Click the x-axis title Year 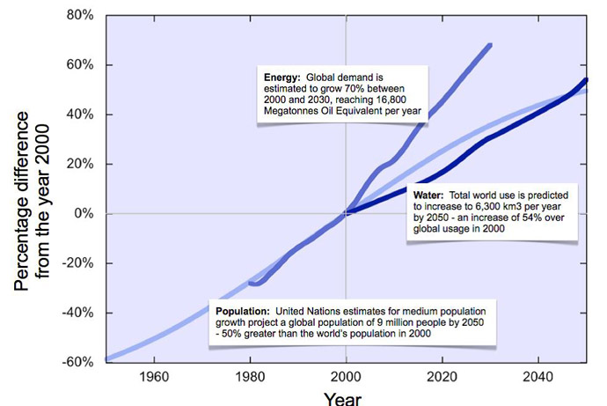pyautogui.click(x=342, y=398)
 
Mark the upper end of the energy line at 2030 pyautogui.click(x=490, y=44)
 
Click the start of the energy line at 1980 pyautogui.click(x=251, y=283)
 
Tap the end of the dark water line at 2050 pyautogui.click(x=586, y=80)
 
